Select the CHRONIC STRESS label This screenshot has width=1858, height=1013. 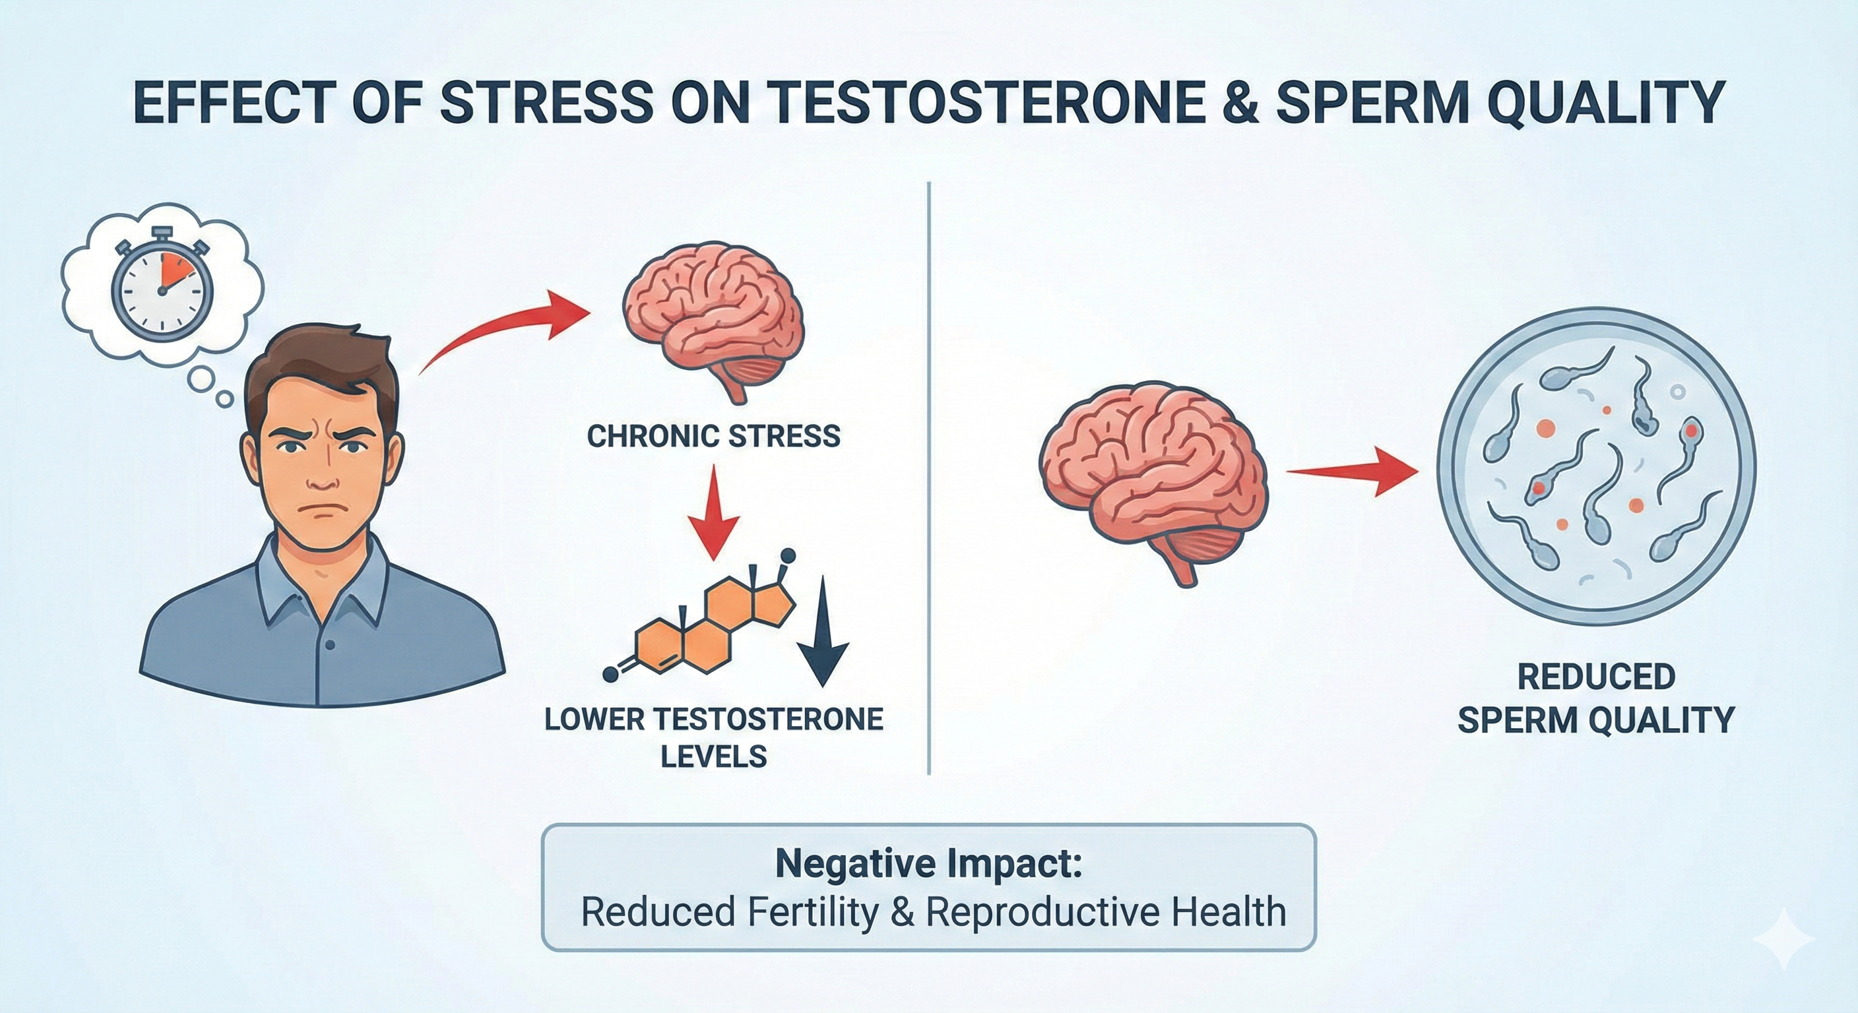(713, 436)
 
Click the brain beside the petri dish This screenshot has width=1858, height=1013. (1153, 479)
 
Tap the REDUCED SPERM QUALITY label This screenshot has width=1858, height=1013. (1595, 698)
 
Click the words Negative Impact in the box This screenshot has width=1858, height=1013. (928, 865)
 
